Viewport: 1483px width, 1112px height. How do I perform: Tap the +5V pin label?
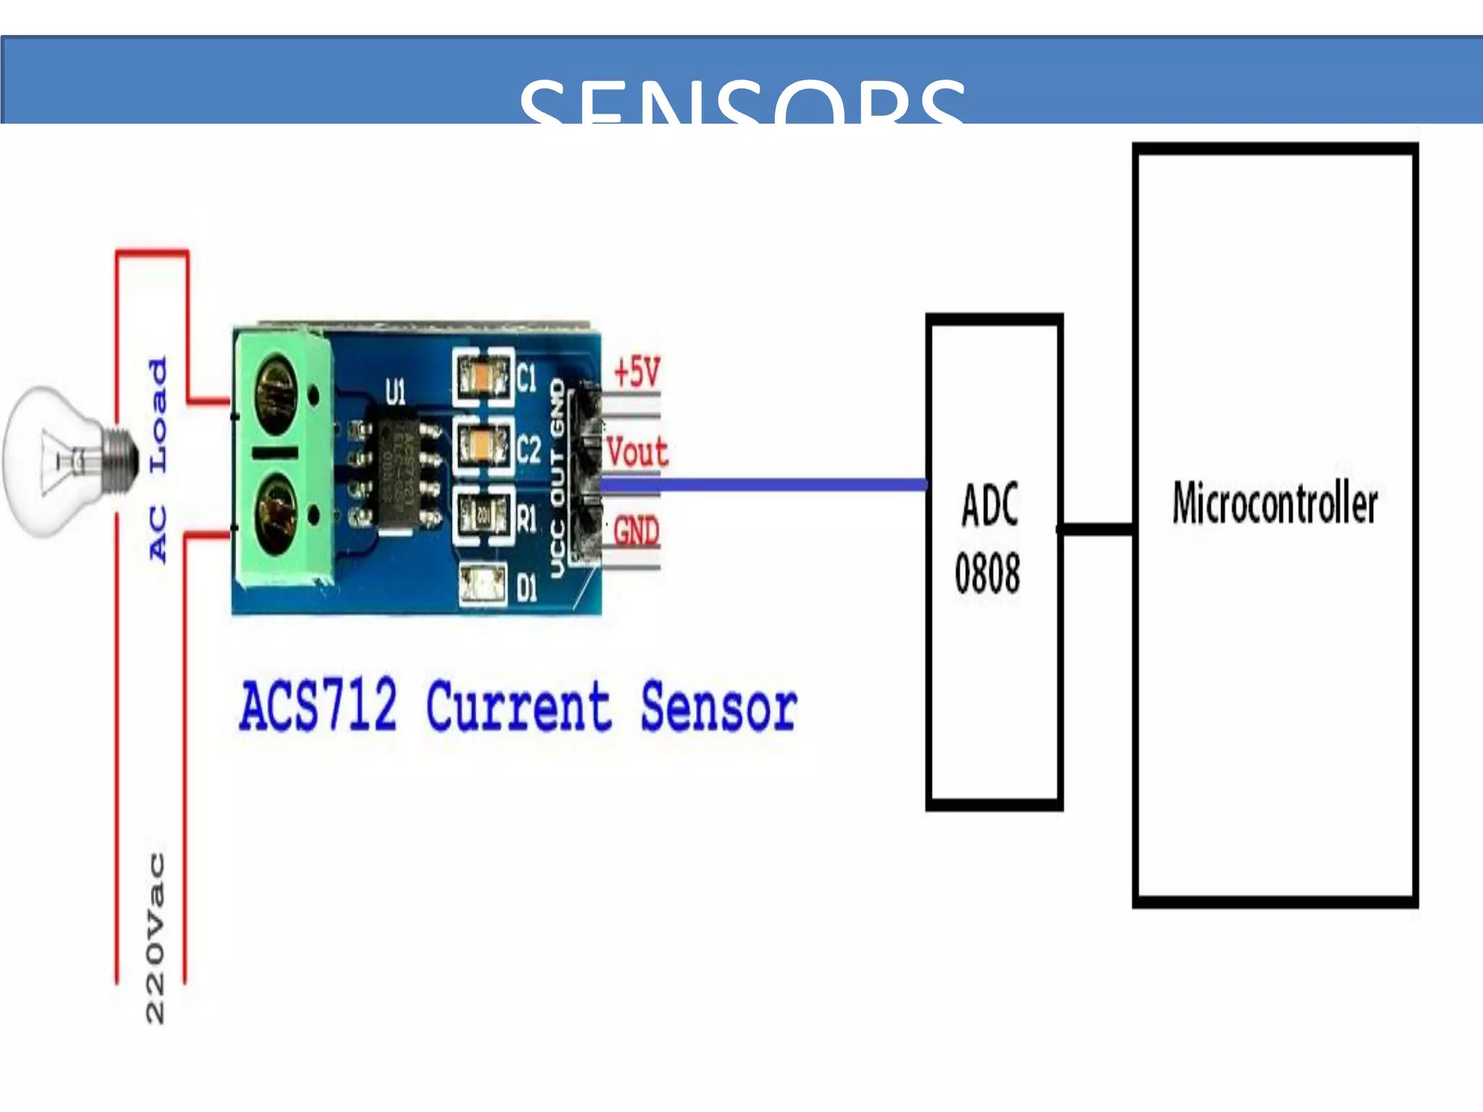(x=637, y=372)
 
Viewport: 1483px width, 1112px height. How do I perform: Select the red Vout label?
(x=637, y=452)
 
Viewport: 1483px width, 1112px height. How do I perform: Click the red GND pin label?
(x=636, y=531)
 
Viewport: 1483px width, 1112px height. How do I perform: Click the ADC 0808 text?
(x=988, y=538)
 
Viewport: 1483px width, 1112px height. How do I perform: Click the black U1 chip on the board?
(x=395, y=471)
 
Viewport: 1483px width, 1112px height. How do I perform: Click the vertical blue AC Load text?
(x=158, y=459)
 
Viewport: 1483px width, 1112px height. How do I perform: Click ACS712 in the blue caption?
(x=319, y=704)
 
